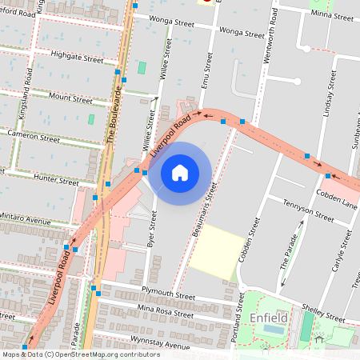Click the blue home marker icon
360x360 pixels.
(x=180, y=172)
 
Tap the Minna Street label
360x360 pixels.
(x=331, y=14)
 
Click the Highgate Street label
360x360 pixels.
(x=77, y=59)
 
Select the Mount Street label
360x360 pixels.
(x=70, y=100)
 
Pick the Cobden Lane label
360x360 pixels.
(x=337, y=203)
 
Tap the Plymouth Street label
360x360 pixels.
(x=167, y=296)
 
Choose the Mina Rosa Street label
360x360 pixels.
(x=166, y=314)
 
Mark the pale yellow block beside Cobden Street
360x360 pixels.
(x=218, y=252)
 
